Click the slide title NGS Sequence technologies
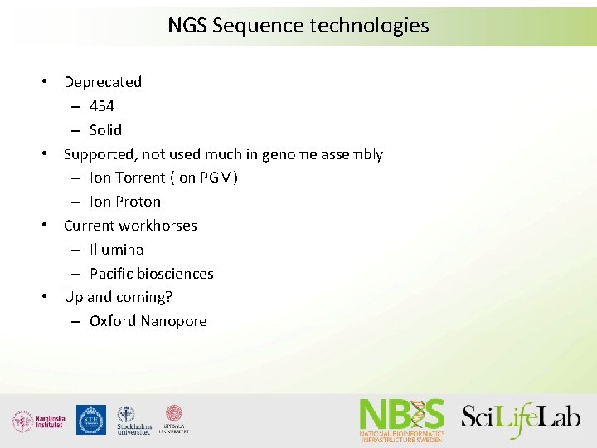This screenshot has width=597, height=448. (x=298, y=26)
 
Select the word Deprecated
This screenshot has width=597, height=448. (x=103, y=82)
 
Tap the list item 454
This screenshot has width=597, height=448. (x=102, y=106)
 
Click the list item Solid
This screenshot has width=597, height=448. (x=105, y=130)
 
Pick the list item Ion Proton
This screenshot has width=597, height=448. (x=125, y=202)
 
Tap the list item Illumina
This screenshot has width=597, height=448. (x=116, y=250)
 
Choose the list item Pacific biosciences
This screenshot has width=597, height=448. (x=151, y=274)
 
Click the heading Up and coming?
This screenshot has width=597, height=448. (x=118, y=297)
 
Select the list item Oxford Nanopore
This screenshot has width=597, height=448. (x=148, y=321)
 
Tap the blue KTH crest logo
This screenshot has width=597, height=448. (x=91, y=420)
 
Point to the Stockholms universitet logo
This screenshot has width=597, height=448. (x=133, y=420)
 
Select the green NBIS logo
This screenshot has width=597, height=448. (x=402, y=419)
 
